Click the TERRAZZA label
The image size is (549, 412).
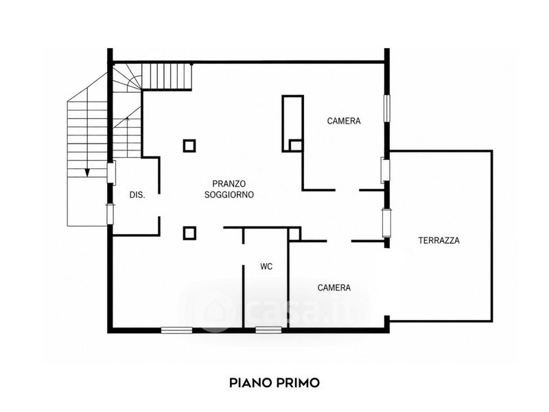tap(439, 240)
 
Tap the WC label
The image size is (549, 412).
tap(266, 266)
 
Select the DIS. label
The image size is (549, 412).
tap(137, 195)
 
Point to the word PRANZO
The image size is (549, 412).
tap(229, 183)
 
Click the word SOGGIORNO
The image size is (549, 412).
tap(229, 195)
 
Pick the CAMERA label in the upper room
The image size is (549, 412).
tap(344, 121)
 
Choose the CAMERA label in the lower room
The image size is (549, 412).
tap(334, 288)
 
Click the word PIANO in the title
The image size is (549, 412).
tap(250, 382)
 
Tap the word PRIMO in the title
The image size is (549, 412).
tap(298, 382)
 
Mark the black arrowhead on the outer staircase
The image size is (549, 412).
tap(87, 172)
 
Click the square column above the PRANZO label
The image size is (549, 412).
tap(189, 146)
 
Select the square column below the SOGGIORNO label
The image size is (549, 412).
tap(189, 233)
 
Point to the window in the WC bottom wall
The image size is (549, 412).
tap(268, 330)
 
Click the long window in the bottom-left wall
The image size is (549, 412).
tap(176, 330)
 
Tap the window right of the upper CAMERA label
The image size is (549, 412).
tap(386, 108)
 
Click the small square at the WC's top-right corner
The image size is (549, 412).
tap(294, 234)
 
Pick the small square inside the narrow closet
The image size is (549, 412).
tap(296, 146)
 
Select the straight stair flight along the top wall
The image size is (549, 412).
tap(167, 76)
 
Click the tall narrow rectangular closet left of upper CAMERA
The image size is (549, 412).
tap(293, 124)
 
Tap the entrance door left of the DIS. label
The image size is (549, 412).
tap(111, 172)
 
